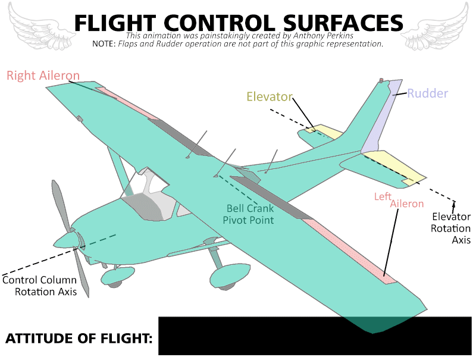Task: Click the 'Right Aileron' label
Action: click(x=43, y=76)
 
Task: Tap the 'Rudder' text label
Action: click(x=427, y=93)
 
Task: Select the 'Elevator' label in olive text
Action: click(x=270, y=96)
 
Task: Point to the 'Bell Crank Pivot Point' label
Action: click(x=248, y=214)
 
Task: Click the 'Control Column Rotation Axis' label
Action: click(x=39, y=286)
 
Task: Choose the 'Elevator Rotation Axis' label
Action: click(x=451, y=228)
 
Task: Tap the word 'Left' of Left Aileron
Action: click(x=383, y=196)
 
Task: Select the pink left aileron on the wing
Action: click(x=349, y=252)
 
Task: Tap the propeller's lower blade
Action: click(x=82, y=273)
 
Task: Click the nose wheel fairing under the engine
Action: click(x=117, y=276)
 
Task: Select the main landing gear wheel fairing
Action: click(x=230, y=275)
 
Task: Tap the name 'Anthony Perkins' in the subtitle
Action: click(x=323, y=36)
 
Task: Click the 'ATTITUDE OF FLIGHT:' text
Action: click(x=79, y=338)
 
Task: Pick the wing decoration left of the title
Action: click(x=41, y=26)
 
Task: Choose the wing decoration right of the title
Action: click(x=435, y=26)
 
